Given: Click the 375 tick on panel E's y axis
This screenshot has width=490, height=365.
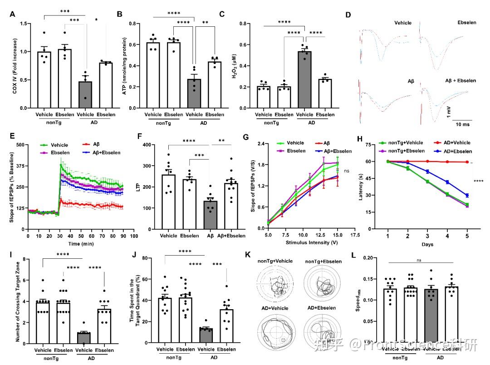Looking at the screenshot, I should click(20, 166).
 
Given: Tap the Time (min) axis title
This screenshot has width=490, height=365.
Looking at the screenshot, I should click(81, 244).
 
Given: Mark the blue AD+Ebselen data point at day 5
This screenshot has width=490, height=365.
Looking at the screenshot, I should click(467, 196).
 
